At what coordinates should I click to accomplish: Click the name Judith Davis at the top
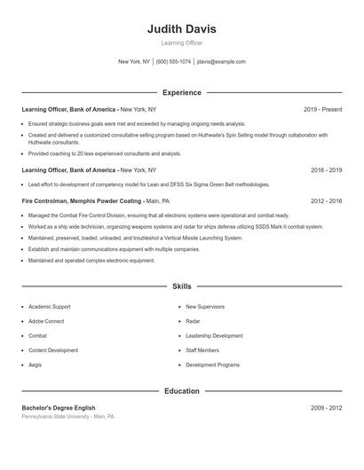click(x=181, y=29)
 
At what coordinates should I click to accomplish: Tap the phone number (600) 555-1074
click(x=173, y=62)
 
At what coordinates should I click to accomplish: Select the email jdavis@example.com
click(x=221, y=62)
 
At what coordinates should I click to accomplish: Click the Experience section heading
click(x=181, y=92)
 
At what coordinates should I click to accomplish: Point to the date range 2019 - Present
click(x=322, y=109)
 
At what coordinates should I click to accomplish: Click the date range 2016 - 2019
click(x=326, y=169)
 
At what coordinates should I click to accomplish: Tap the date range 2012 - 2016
click(x=326, y=201)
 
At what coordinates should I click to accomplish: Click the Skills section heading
click(x=181, y=286)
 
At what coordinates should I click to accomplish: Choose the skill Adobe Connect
click(x=48, y=321)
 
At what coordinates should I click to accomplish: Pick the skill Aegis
click(x=36, y=364)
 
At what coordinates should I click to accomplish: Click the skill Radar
click(x=193, y=321)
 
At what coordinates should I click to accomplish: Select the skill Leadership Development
click(x=214, y=336)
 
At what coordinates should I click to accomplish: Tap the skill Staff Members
click(x=202, y=350)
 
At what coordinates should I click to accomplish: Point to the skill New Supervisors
click(x=205, y=307)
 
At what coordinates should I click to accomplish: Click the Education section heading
click(x=181, y=391)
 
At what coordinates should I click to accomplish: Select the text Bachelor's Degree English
click(x=59, y=408)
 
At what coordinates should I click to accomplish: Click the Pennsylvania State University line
click(x=67, y=416)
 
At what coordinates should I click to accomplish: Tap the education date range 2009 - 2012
click(x=326, y=408)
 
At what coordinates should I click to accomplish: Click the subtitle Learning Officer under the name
click(x=181, y=43)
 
